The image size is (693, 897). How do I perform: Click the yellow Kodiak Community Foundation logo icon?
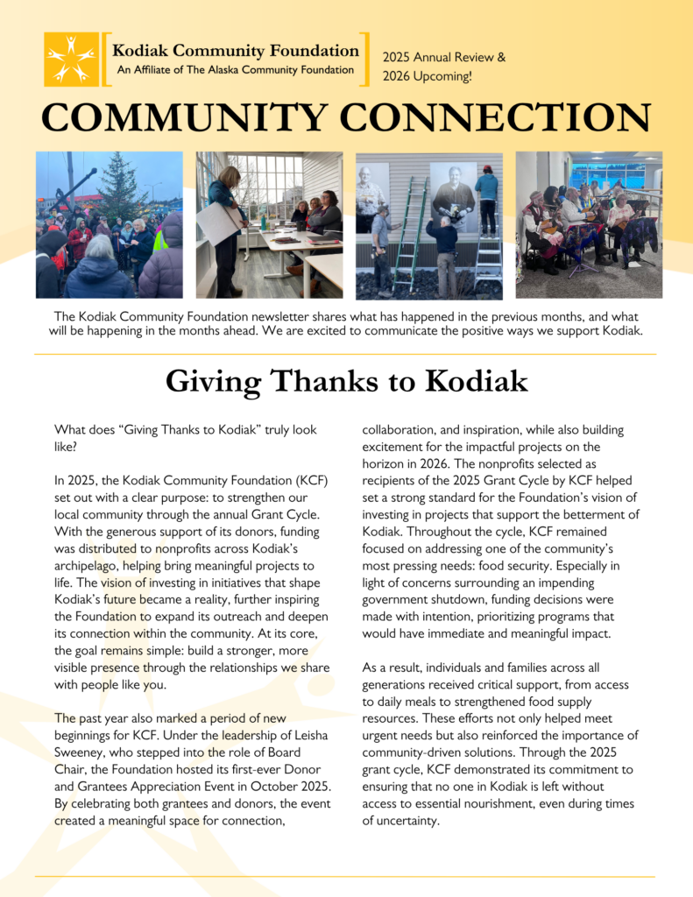click(71, 60)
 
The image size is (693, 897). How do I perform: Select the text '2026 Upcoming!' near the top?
click(427, 76)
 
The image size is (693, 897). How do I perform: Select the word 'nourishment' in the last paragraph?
click(537, 804)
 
